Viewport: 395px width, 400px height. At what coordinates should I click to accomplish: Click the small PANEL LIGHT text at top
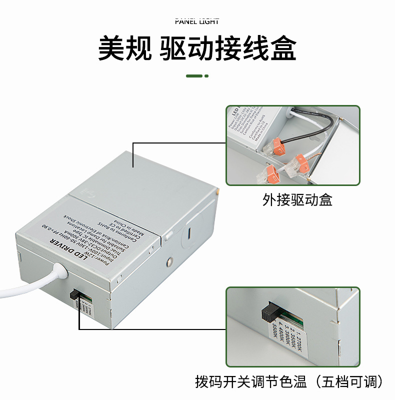point(197,21)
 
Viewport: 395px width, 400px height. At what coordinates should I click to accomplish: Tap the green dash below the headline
point(194,76)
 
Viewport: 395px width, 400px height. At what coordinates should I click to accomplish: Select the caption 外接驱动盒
point(297,200)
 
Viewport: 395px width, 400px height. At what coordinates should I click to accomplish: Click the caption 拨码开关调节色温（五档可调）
point(290,382)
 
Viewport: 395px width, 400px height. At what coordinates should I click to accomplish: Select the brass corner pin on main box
point(218,190)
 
